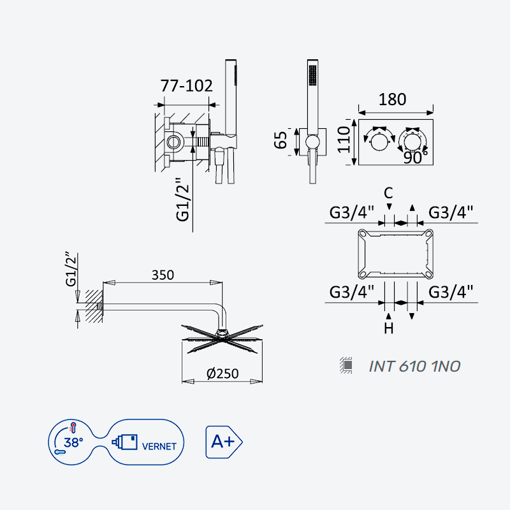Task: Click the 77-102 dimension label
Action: (x=186, y=86)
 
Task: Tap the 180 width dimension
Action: (x=392, y=99)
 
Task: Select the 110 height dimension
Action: (x=344, y=139)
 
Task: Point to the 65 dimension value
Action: (x=280, y=140)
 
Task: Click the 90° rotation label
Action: (x=416, y=157)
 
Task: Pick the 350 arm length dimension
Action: (x=163, y=275)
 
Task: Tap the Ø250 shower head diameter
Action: (x=222, y=374)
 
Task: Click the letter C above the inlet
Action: (x=388, y=193)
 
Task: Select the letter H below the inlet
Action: (x=389, y=328)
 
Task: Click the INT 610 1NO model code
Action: (x=414, y=366)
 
